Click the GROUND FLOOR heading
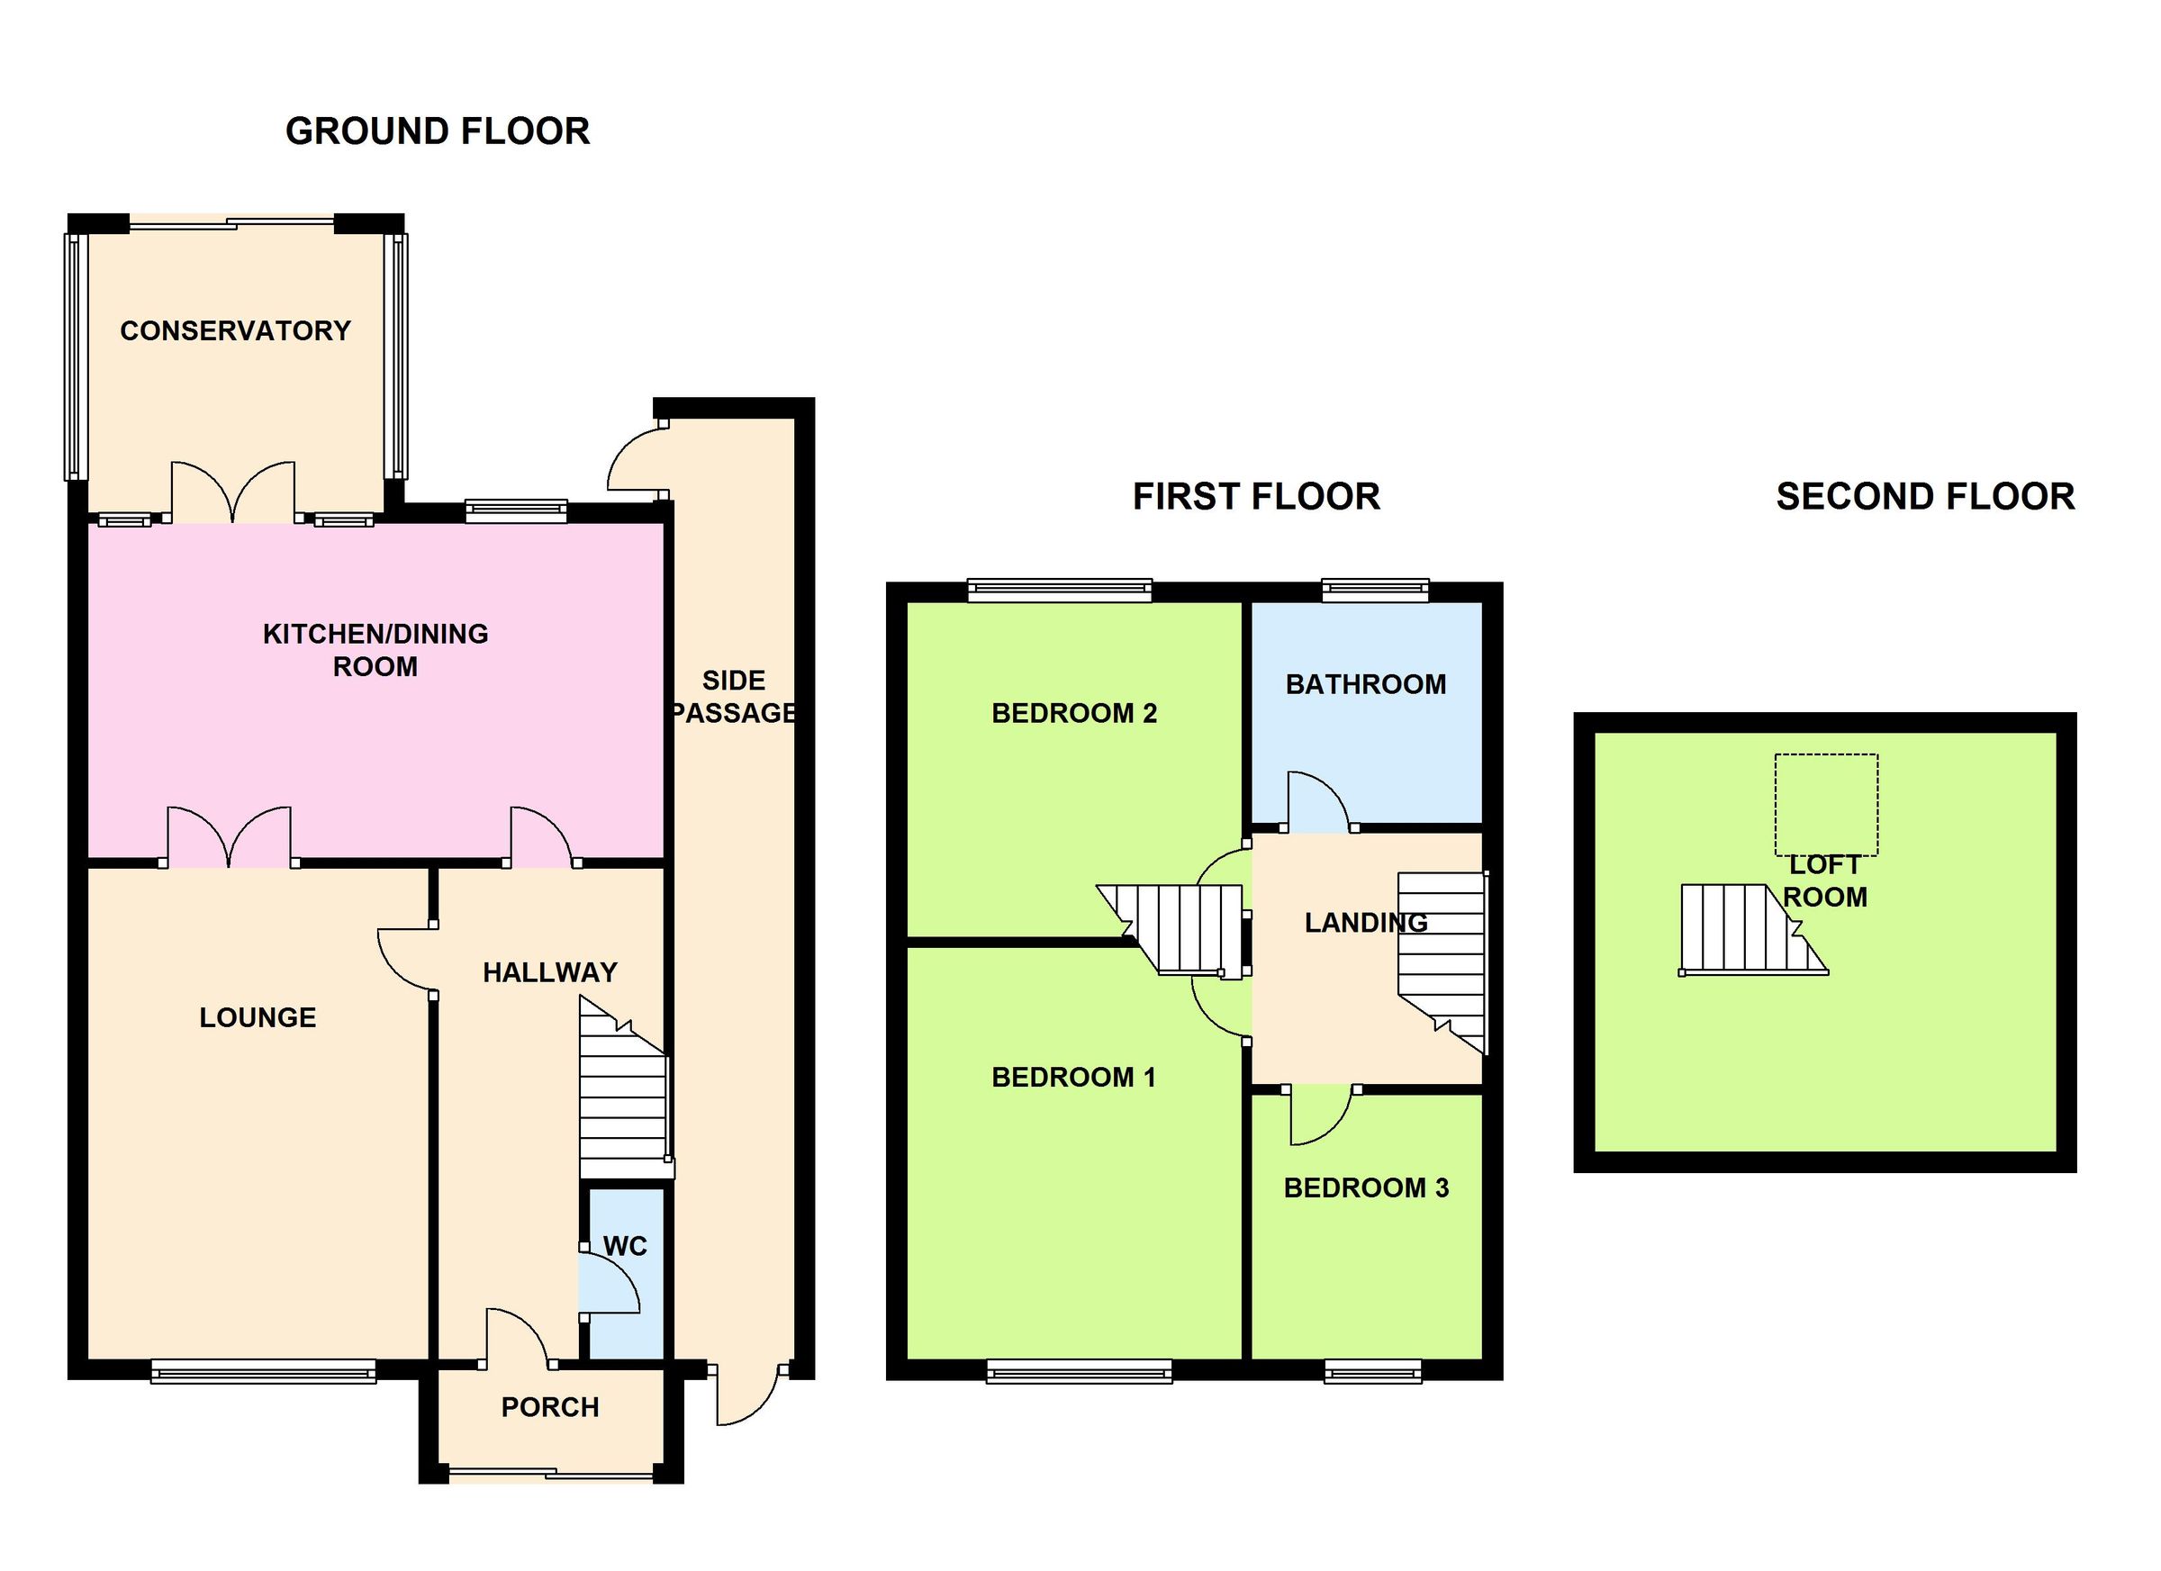click(438, 131)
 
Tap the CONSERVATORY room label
click(235, 330)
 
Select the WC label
click(625, 1246)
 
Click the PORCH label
click(550, 1407)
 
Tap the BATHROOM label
click(1365, 684)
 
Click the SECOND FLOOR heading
click(1925, 497)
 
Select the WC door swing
click(608, 1283)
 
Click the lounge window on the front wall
click(263, 1373)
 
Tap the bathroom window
click(1376, 591)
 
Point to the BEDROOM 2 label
click(1074, 713)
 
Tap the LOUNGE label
click(258, 1017)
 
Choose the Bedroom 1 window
click(1079, 1372)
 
